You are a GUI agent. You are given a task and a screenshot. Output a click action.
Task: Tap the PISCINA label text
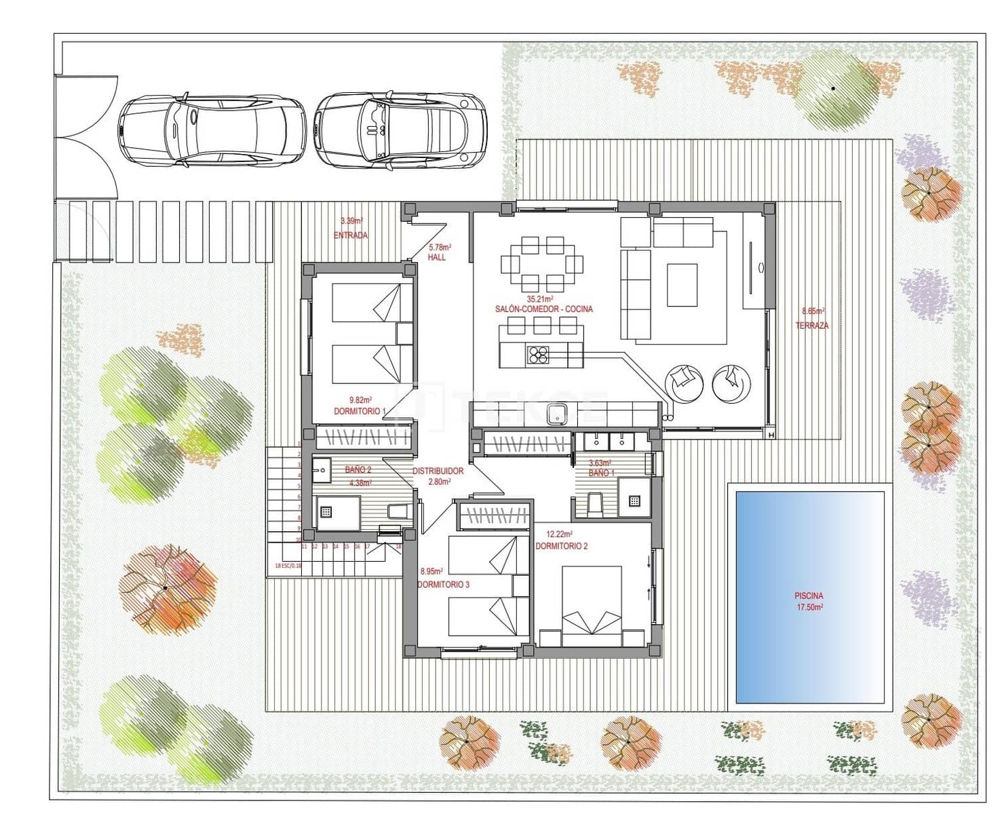(x=809, y=596)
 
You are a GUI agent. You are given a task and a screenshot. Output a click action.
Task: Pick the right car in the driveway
(x=400, y=129)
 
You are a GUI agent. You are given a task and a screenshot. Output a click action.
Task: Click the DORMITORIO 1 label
(x=360, y=412)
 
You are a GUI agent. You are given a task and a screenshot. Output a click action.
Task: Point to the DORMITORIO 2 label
(x=561, y=546)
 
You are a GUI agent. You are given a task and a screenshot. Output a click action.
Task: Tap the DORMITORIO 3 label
(x=443, y=585)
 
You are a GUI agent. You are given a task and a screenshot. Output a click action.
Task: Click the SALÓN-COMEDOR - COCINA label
(x=543, y=309)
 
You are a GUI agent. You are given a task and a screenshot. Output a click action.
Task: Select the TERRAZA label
(x=811, y=326)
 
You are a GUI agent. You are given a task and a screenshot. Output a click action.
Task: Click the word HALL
(x=437, y=258)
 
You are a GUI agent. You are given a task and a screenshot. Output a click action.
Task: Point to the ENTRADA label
(x=351, y=236)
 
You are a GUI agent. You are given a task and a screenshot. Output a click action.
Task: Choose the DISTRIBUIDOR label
(x=438, y=471)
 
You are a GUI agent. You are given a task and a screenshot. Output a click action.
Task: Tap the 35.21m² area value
(x=540, y=298)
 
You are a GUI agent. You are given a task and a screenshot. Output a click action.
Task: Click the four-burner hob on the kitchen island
(x=539, y=355)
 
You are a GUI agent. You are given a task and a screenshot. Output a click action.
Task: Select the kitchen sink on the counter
(x=558, y=413)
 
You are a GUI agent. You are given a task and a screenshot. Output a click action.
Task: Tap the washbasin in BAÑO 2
(x=321, y=468)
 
